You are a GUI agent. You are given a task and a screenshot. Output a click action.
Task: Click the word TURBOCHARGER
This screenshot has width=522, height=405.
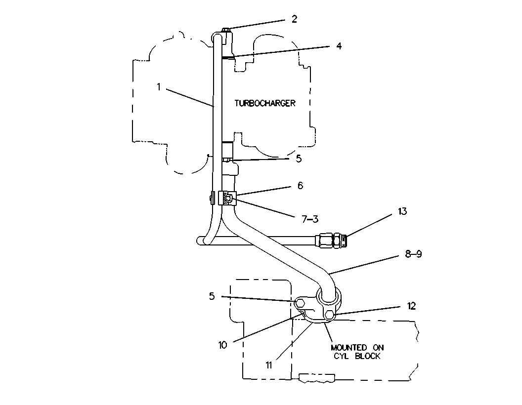pyautogui.click(x=265, y=103)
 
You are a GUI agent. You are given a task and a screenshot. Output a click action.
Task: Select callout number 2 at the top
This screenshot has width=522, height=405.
pyautogui.click(x=294, y=19)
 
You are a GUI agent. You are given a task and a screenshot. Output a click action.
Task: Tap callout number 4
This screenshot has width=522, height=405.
pyautogui.click(x=339, y=45)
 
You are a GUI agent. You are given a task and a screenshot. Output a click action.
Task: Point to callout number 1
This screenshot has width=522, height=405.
pyautogui.click(x=159, y=87)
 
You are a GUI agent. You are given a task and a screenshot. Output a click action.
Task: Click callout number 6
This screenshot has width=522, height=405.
pyautogui.click(x=300, y=186)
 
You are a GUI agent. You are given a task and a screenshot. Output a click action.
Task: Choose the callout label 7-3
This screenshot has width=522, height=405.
pyautogui.click(x=310, y=219)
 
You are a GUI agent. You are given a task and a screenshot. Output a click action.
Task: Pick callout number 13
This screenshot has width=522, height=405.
pyautogui.click(x=402, y=211)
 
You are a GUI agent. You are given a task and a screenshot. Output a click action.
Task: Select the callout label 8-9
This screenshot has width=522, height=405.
pyautogui.click(x=413, y=254)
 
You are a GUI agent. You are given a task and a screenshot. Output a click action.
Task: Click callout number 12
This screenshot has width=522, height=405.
pyautogui.click(x=412, y=306)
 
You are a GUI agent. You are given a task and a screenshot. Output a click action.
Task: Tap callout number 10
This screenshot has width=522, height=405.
pyautogui.click(x=222, y=345)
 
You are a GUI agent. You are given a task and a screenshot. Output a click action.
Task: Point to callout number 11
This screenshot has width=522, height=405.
pyautogui.click(x=269, y=365)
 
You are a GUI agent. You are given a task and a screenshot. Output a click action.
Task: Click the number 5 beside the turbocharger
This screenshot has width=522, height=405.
pyautogui.click(x=299, y=159)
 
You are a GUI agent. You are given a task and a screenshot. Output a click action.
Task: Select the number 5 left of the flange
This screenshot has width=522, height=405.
pyautogui.click(x=212, y=296)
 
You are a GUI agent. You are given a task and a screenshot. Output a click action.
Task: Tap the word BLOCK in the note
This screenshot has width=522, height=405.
pyautogui.click(x=368, y=356)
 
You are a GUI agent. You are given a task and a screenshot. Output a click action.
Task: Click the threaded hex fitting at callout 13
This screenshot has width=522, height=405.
pyautogui.click(x=331, y=240)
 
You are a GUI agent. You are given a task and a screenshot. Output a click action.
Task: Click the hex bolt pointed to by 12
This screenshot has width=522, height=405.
pyautogui.click(x=330, y=315)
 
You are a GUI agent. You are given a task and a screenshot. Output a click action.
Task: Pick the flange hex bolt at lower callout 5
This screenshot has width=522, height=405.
pyautogui.click(x=299, y=303)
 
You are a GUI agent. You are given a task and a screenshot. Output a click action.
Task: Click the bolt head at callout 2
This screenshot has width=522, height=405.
pyautogui.click(x=226, y=31)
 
